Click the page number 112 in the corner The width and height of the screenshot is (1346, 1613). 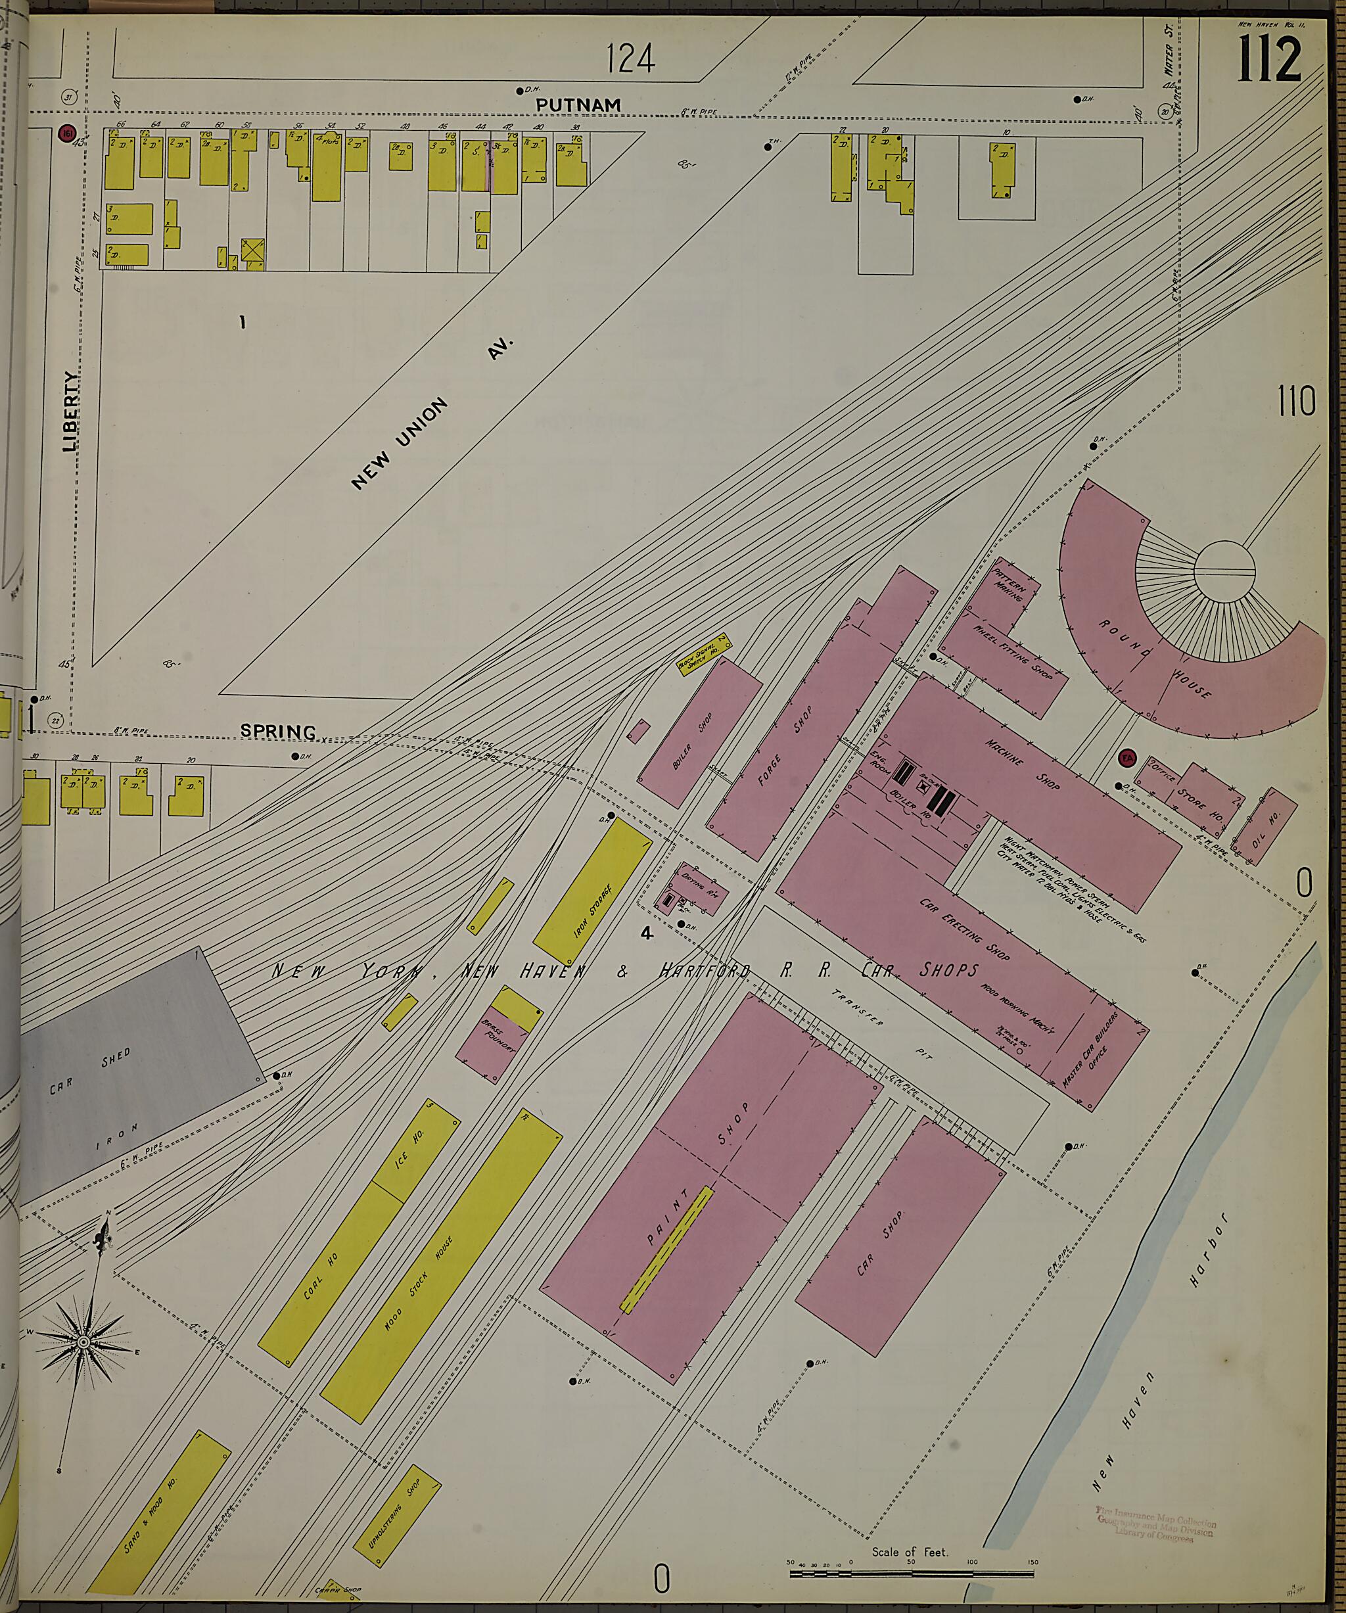1269,59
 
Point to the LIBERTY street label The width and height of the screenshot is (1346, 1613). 72,411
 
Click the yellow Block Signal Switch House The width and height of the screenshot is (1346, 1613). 701,655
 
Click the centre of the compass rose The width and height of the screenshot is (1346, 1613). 83,1341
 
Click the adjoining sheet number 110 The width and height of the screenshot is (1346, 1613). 1296,401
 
